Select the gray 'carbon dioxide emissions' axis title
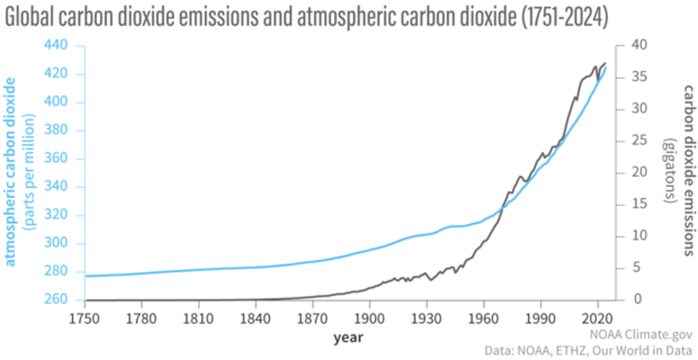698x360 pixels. click(687, 171)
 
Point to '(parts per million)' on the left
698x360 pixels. click(31, 171)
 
